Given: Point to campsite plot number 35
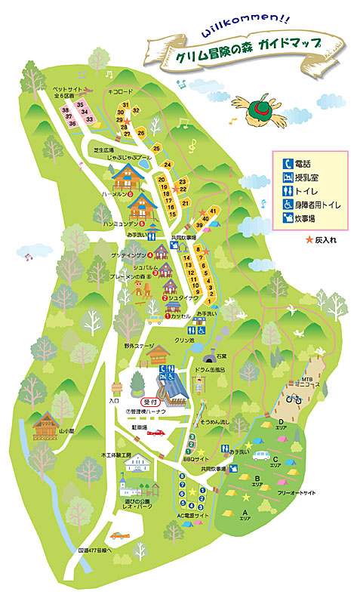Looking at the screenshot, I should [80, 103].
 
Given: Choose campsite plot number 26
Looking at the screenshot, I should [140, 133].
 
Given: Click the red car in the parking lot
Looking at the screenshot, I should [156, 433].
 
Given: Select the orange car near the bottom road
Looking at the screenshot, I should [119, 535].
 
